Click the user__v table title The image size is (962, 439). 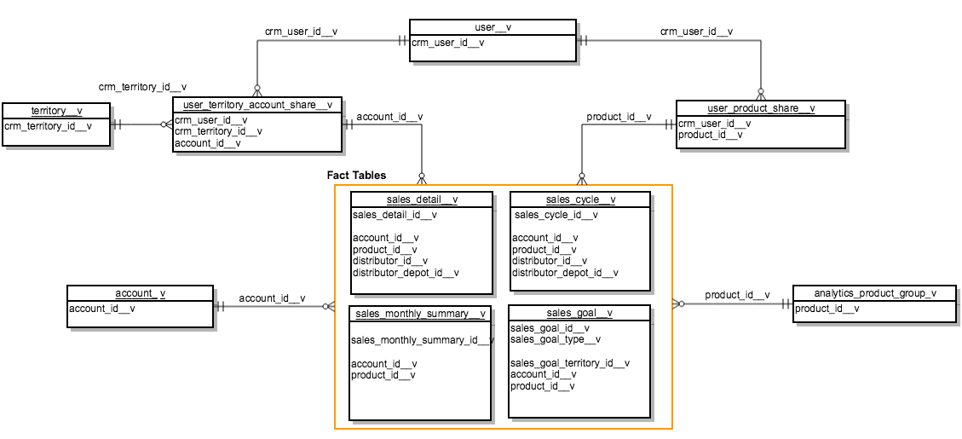(492, 28)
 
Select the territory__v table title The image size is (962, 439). (56, 112)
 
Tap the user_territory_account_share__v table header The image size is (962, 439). (256, 105)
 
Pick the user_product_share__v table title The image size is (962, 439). (761, 108)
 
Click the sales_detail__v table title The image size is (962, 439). (422, 200)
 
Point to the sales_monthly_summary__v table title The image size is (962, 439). (421, 314)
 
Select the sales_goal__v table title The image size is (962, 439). (579, 313)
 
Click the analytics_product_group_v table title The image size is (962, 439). (874, 293)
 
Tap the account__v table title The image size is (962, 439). (140, 294)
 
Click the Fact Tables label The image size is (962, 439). (356, 175)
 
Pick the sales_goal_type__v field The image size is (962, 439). (556, 339)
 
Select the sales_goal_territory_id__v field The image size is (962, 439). (569, 363)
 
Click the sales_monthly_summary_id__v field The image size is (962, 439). (422, 341)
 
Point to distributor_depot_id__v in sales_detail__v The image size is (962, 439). (405, 273)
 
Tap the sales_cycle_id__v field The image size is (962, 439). (556, 215)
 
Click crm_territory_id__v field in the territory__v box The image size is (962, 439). (48, 126)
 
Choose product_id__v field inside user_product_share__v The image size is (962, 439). (710, 135)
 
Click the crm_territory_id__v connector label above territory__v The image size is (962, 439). (142, 87)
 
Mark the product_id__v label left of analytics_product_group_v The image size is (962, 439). (736, 295)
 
